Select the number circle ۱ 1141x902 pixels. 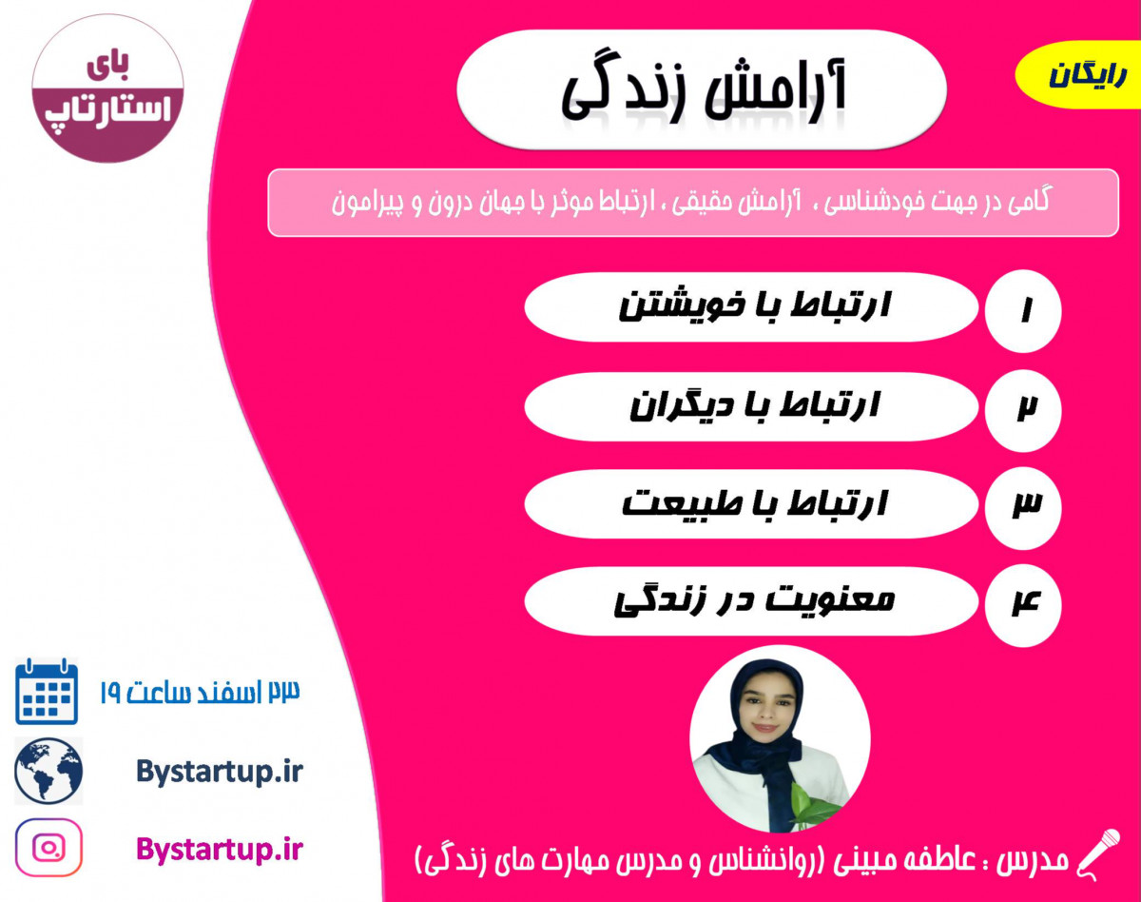click(x=1024, y=308)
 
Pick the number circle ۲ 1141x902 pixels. click(x=1024, y=407)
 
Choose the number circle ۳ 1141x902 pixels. click(x=1024, y=505)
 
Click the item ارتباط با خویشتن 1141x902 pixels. click(x=751, y=306)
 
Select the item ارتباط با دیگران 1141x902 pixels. click(x=751, y=406)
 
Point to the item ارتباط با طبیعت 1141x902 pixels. click(x=751, y=503)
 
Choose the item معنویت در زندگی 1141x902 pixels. click(x=751, y=601)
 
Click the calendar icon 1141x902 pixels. click(x=47, y=692)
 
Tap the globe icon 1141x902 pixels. click(x=48, y=770)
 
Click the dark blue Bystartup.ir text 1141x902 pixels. click(x=219, y=771)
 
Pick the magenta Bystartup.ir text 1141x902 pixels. click(x=219, y=847)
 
